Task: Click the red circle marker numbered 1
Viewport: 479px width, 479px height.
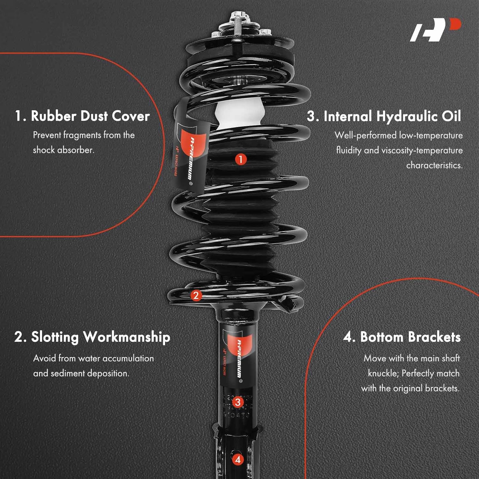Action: (x=241, y=159)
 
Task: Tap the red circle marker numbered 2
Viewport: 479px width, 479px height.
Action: (x=196, y=295)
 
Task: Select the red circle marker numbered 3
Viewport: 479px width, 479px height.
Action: (x=238, y=402)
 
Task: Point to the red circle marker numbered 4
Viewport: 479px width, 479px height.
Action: (x=238, y=460)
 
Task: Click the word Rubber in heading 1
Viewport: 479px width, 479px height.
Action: (x=53, y=116)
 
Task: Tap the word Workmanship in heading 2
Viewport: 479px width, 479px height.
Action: (x=126, y=337)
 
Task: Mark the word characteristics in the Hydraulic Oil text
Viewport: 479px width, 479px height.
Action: (x=434, y=165)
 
